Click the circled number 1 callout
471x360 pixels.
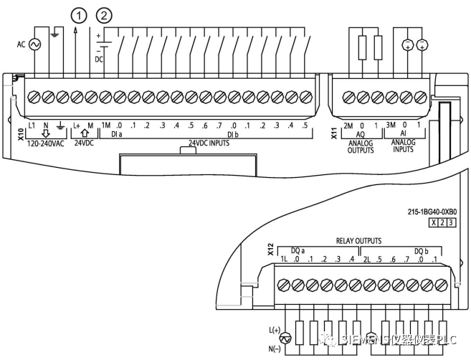coord(77,14)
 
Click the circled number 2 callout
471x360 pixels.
coord(105,14)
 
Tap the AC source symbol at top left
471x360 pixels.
coord(33,44)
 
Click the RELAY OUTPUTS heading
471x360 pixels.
coord(358,242)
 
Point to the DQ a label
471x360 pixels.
coord(297,250)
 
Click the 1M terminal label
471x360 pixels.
coord(105,125)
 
